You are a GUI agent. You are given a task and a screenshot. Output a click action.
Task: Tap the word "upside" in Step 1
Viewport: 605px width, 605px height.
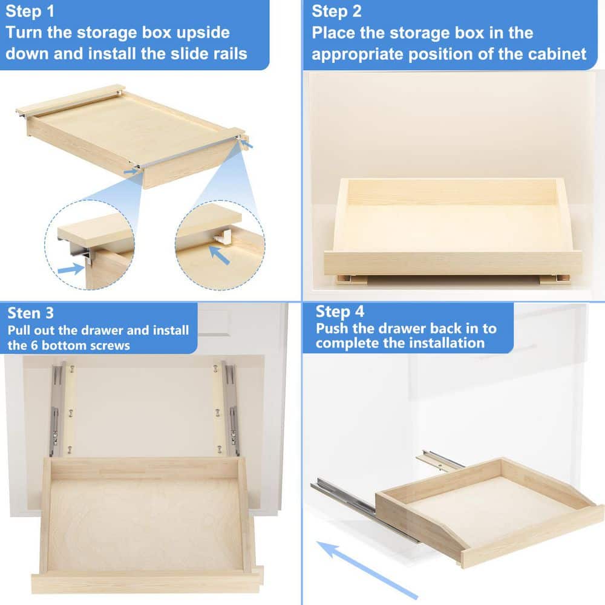click(x=200, y=32)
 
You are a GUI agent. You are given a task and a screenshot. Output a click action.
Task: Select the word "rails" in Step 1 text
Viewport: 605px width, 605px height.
click(x=226, y=53)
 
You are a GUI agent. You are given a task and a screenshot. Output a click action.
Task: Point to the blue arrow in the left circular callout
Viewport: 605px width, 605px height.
click(x=71, y=268)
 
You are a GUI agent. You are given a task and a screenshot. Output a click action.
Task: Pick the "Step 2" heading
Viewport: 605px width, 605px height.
click(x=336, y=11)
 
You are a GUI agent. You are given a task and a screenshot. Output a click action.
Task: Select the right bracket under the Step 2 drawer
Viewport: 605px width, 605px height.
click(x=554, y=279)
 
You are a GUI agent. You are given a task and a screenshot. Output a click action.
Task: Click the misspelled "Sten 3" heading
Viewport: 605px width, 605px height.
click(x=30, y=313)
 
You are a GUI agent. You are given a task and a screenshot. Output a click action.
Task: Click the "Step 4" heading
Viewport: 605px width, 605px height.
click(x=340, y=312)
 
